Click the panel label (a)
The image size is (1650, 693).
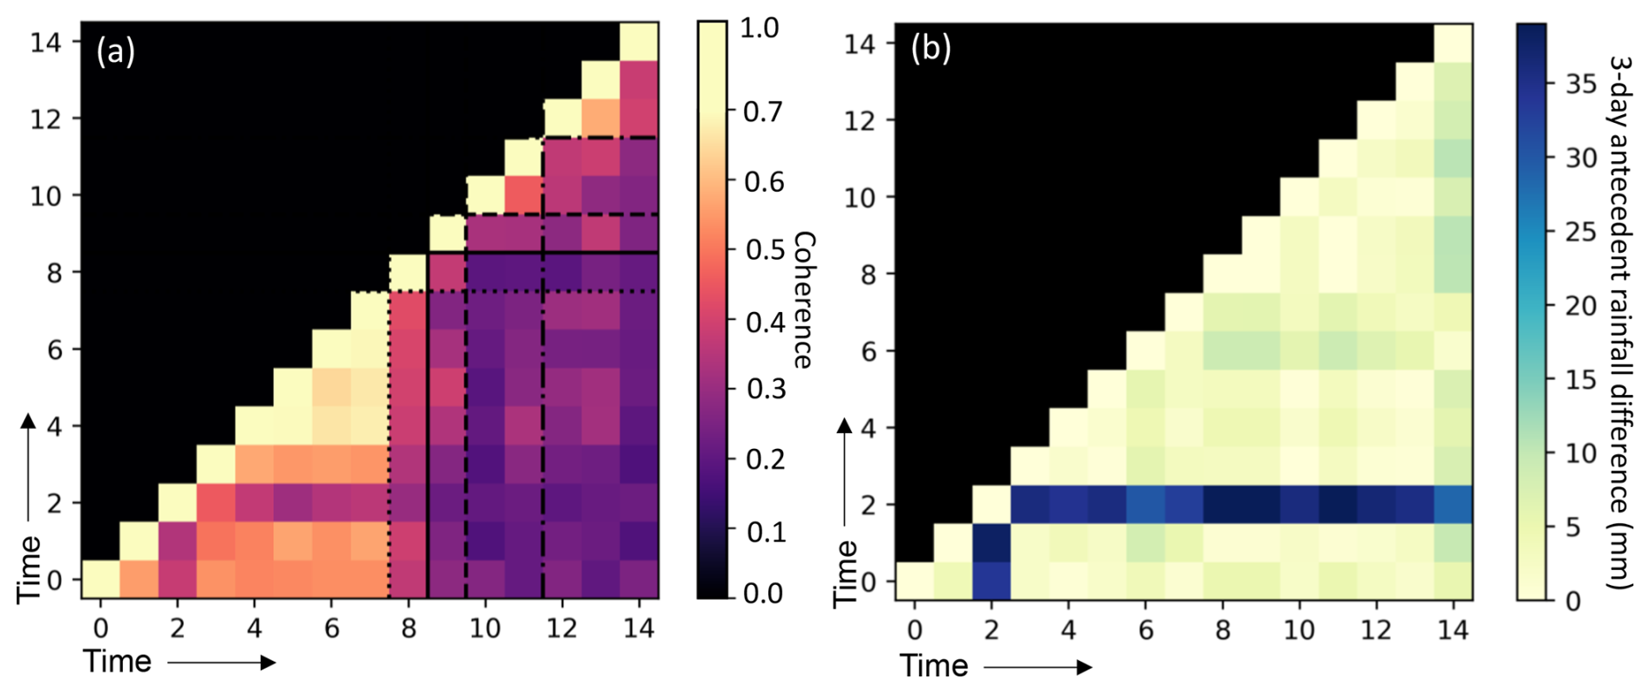tap(116, 52)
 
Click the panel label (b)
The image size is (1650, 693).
tap(931, 49)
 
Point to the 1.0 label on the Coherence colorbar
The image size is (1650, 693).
tap(759, 28)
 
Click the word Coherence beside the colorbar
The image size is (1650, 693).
tap(804, 300)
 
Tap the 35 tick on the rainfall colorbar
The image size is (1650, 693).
tap(1581, 84)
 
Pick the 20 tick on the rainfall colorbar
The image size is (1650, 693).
tap(1581, 306)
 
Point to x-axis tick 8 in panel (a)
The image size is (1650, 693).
tap(409, 628)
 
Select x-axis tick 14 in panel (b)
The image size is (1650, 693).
tap(1453, 630)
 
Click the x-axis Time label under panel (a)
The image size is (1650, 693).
tap(118, 662)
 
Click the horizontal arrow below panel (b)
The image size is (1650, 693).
tap(1038, 668)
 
